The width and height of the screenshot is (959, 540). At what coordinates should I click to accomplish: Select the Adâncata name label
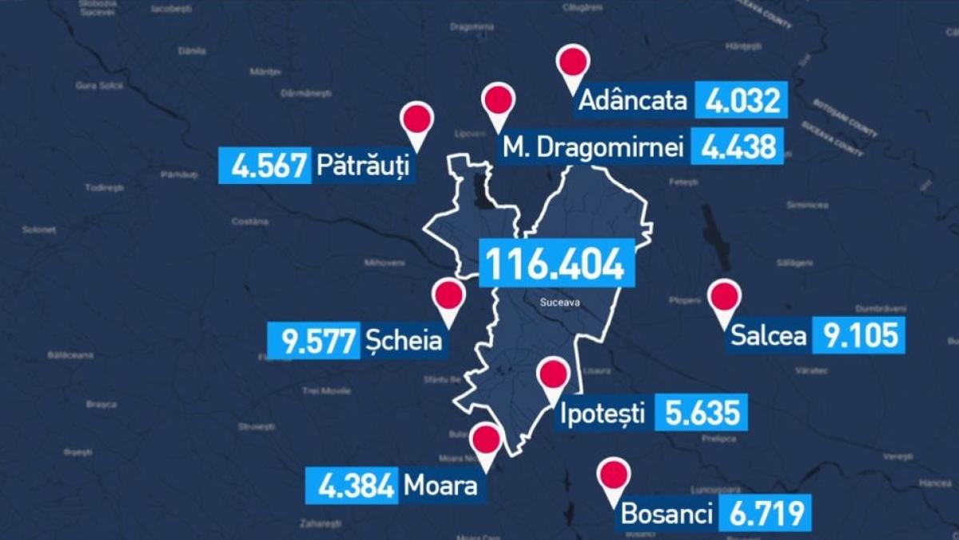pyautogui.click(x=632, y=101)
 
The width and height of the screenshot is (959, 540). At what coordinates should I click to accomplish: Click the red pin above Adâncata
pyautogui.click(x=572, y=63)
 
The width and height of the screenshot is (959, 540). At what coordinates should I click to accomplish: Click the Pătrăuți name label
pyautogui.click(x=363, y=166)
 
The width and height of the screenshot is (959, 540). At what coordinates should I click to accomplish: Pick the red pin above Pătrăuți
pyautogui.click(x=417, y=121)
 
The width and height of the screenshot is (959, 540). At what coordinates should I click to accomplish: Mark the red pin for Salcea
pyautogui.click(x=724, y=298)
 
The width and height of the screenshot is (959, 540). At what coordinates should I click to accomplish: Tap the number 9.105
pyautogui.click(x=858, y=335)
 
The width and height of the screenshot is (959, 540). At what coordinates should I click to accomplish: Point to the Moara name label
pyautogui.click(x=440, y=485)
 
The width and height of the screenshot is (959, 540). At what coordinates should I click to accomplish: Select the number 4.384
pyautogui.click(x=352, y=485)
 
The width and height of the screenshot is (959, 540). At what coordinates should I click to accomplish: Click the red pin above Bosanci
pyautogui.click(x=614, y=476)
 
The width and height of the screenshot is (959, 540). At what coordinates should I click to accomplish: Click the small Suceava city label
pyautogui.click(x=558, y=303)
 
